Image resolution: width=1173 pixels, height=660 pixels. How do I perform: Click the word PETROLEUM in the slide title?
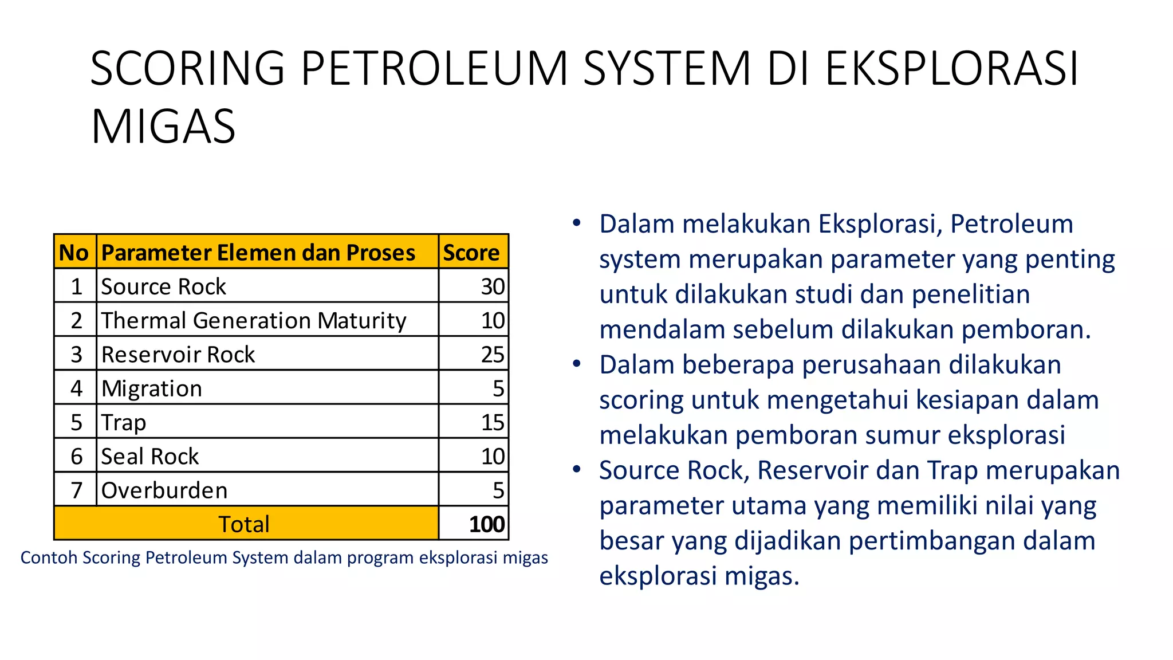click(x=434, y=69)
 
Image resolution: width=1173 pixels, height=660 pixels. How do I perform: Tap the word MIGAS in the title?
click(x=163, y=127)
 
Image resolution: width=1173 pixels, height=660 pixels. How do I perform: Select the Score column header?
click(x=471, y=253)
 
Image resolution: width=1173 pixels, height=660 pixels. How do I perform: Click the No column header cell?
click(x=74, y=253)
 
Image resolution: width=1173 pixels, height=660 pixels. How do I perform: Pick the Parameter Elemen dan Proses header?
click(x=258, y=253)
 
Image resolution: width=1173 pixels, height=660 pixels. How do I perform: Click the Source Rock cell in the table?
click(x=164, y=286)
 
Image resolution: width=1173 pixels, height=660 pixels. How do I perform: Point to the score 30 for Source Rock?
click(x=493, y=286)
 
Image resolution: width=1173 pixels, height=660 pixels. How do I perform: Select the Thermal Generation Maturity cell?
click(x=254, y=320)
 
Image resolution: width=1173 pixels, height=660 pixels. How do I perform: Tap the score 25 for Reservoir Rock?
click(x=493, y=355)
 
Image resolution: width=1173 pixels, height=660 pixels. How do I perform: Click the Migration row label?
click(x=152, y=388)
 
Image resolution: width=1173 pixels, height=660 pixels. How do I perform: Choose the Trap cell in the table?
click(x=124, y=423)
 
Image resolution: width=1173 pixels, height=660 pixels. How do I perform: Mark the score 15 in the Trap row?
click(x=493, y=423)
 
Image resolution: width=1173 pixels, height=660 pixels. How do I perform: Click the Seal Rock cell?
click(x=150, y=457)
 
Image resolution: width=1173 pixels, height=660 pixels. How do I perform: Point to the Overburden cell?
click(x=164, y=490)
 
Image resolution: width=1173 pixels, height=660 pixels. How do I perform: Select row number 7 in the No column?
click(x=76, y=490)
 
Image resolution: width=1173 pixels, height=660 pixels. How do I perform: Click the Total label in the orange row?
click(x=244, y=524)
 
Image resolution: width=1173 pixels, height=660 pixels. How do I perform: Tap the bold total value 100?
click(x=487, y=524)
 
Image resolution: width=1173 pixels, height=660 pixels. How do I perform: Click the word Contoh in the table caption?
click(x=49, y=557)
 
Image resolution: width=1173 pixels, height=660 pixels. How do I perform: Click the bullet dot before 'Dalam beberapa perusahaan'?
click(x=577, y=364)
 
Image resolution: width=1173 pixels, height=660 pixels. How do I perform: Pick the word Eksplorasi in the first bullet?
click(x=880, y=224)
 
